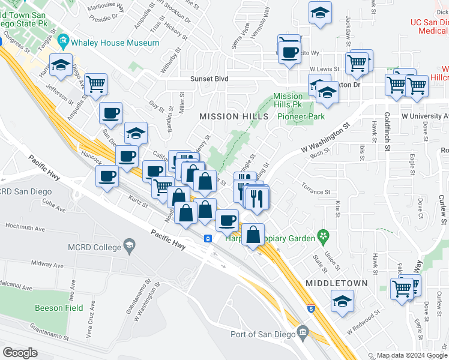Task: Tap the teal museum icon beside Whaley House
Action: click(x=64, y=43)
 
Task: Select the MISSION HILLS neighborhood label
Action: click(x=226, y=116)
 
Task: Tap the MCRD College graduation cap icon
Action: click(x=129, y=245)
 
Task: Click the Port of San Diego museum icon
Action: click(x=303, y=333)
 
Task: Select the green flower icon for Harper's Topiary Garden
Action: click(x=324, y=235)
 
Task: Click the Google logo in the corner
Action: click(x=20, y=352)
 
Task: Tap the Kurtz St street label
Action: click(x=137, y=201)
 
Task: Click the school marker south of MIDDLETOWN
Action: click(x=342, y=301)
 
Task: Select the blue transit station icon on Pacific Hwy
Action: click(x=208, y=239)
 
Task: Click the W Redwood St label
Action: click(x=363, y=323)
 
